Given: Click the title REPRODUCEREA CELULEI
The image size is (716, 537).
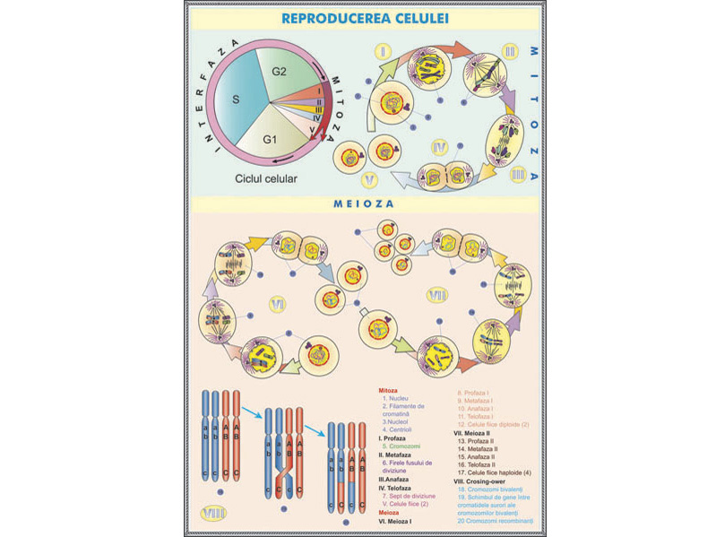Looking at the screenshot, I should pyautogui.click(x=365, y=18).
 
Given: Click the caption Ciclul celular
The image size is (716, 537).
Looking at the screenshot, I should pyautogui.click(x=265, y=178).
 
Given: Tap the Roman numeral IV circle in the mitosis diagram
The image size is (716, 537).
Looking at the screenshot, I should pyautogui.click(x=439, y=145).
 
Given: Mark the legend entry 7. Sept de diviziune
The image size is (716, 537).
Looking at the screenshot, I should pyautogui.click(x=410, y=496).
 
